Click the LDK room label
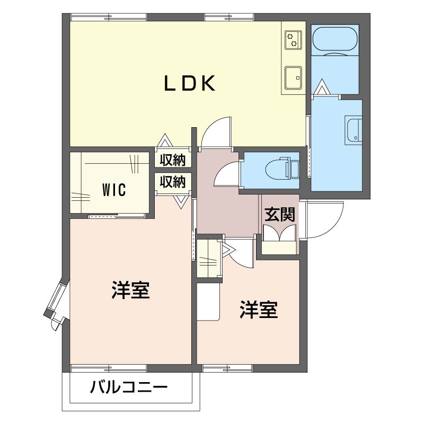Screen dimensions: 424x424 190,83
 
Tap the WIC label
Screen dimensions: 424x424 114,190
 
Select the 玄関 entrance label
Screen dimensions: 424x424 280,215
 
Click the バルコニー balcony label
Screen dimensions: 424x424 129,387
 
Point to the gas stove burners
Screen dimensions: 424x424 293,40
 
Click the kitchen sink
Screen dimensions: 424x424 293,78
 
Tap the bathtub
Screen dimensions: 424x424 335,39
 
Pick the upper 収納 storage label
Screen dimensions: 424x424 173,160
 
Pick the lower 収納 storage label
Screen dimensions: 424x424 173,182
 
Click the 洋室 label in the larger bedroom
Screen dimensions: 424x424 130,290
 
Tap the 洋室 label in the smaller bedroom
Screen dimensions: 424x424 259,310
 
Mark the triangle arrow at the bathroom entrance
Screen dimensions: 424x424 322,86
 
